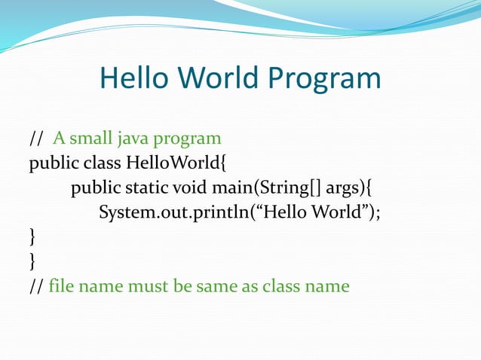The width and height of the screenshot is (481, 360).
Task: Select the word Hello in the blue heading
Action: pyautogui.click(x=136, y=78)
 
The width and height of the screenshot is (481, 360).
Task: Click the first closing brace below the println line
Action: pyautogui.click(x=32, y=237)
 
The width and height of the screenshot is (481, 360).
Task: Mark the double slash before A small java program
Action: pyautogui.click(x=35, y=139)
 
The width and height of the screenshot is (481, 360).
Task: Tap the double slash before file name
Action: pyautogui.click(x=35, y=286)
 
